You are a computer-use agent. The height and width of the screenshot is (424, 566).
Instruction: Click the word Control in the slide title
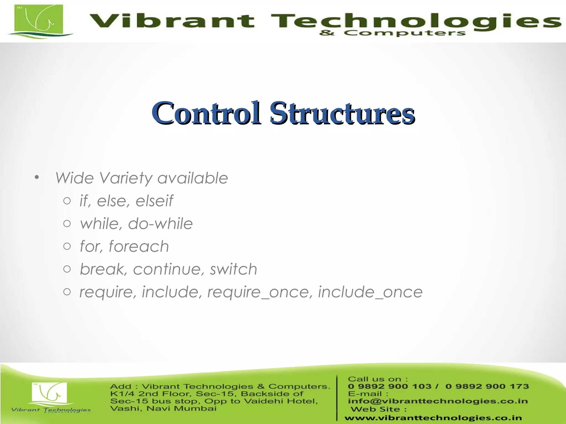click(206, 113)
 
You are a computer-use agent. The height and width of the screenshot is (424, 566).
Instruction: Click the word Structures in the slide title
click(342, 113)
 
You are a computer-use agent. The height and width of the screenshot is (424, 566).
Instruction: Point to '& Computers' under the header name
click(392, 33)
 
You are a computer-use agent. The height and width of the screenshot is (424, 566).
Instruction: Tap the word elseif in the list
click(154, 201)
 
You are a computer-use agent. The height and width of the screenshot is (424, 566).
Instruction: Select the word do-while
click(160, 224)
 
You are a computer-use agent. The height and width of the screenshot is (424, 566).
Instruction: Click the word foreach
click(138, 247)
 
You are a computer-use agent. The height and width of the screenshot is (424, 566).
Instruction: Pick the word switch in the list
click(234, 269)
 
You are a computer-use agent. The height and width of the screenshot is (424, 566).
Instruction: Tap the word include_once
click(370, 292)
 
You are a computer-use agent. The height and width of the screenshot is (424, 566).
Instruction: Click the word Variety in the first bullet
click(126, 178)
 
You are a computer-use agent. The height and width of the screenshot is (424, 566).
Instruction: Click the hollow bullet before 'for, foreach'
click(67, 246)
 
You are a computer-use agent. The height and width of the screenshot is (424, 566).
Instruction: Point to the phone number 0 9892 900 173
click(487, 386)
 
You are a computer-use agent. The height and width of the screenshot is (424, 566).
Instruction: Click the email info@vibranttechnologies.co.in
click(437, 401)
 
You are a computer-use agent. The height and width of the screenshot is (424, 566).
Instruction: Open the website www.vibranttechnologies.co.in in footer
click(433, 418)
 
